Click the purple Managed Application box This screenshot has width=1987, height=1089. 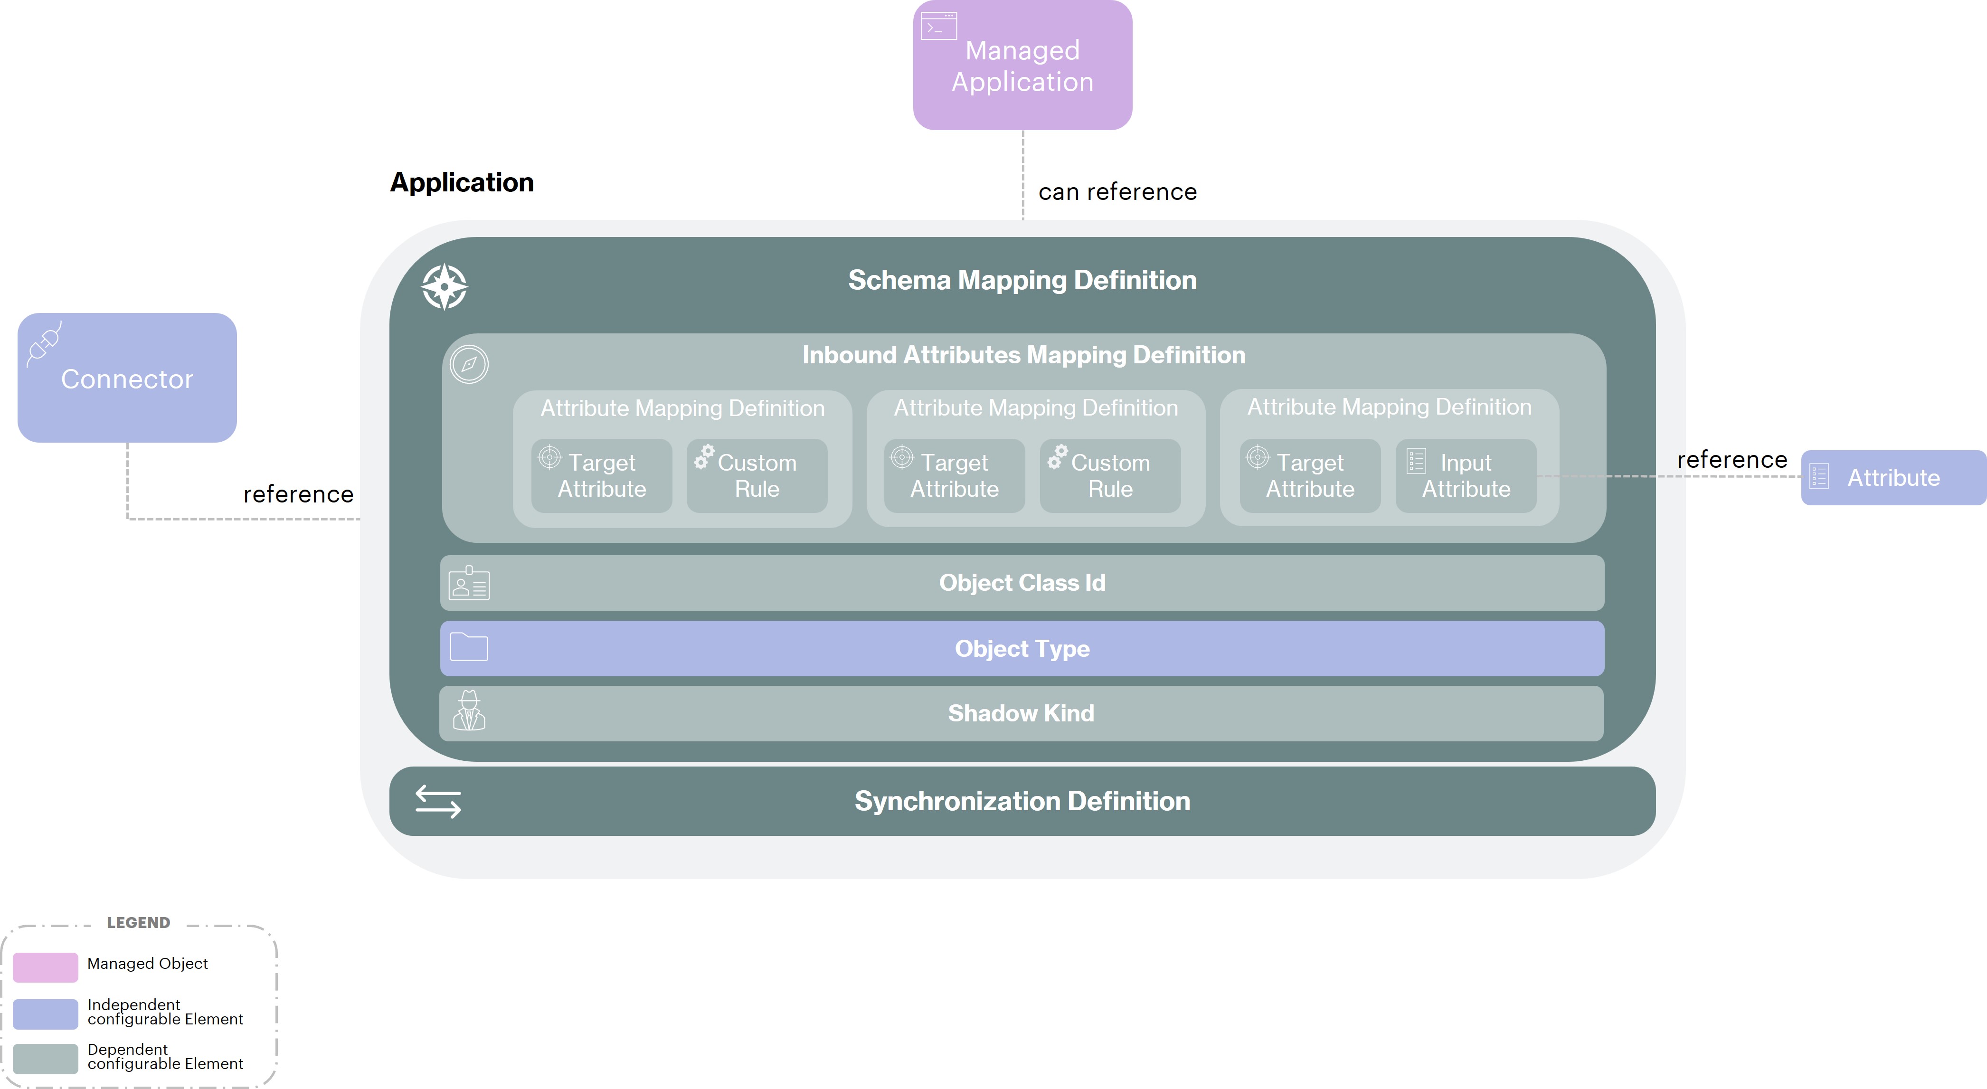pos(1022,66)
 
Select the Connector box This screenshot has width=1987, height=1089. pos(127,378)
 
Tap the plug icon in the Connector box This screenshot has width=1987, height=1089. pos(44,343)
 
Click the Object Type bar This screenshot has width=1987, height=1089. pos(1022,649)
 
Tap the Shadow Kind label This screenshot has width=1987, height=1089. pos(1021,713)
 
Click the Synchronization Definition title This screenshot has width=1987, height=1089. pos(1022,801)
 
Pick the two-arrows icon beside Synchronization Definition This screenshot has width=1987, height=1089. pos(438,801)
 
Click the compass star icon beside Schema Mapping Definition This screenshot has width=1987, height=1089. pos(445,287)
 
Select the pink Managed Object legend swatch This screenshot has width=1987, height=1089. pos(46,967)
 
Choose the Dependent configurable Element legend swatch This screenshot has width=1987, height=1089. pos(46,1058)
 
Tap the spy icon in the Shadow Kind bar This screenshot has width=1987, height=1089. pos(469,711)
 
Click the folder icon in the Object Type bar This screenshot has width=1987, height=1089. pos(469,647)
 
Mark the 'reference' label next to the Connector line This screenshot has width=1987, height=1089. pos(299,494)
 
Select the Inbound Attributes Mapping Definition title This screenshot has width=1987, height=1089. pos(1023,355)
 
